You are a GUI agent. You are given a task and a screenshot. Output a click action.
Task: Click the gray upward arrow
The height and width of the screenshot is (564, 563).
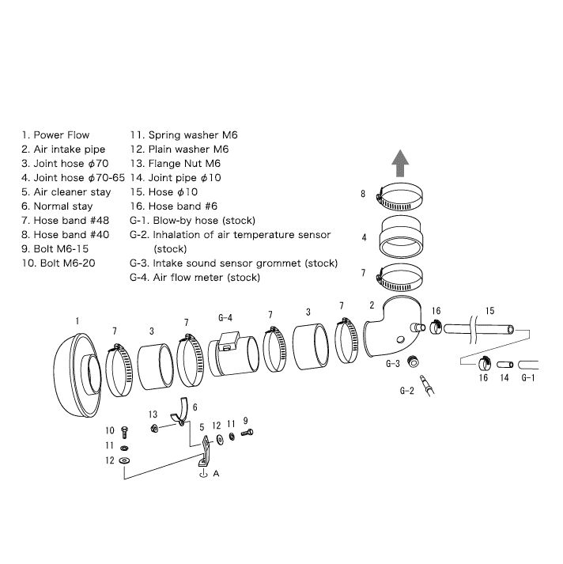point(400,164)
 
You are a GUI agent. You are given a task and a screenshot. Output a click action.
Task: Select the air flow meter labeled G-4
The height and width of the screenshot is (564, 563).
point(233,354)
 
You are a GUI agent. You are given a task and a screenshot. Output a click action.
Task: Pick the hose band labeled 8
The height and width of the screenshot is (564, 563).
point(399,197)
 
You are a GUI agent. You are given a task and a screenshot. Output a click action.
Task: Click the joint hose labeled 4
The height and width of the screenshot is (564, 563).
point(401,237)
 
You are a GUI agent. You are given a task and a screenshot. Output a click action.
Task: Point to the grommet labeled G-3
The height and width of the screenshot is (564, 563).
point(413,361)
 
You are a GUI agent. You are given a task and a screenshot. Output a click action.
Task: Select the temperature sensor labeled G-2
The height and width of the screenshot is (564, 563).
point(427,385)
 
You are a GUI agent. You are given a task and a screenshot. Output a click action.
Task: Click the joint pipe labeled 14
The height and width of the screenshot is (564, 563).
point(505,365)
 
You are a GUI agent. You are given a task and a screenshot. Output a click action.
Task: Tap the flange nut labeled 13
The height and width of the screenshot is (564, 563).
point(155,428)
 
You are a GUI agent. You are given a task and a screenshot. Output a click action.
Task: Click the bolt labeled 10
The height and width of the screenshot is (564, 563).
point(124,432)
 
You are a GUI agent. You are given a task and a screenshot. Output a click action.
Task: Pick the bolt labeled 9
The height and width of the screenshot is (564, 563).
point(247,433)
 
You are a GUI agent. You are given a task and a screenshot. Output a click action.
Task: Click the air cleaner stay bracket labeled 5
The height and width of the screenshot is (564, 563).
point(205,452)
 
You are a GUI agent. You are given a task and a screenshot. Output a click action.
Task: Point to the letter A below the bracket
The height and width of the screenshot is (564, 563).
point(216,473)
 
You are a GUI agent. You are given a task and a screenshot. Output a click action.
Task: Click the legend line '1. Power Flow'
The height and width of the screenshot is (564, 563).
point(55,135)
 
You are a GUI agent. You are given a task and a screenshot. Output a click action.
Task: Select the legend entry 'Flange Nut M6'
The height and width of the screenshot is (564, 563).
point(184,164)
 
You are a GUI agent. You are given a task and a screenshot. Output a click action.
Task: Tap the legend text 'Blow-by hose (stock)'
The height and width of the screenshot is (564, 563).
point(204,221)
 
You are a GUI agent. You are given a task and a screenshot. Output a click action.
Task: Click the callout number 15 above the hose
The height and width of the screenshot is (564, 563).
point(489,311)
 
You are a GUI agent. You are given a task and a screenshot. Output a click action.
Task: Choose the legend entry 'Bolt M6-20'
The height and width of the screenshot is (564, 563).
point(67,263)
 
